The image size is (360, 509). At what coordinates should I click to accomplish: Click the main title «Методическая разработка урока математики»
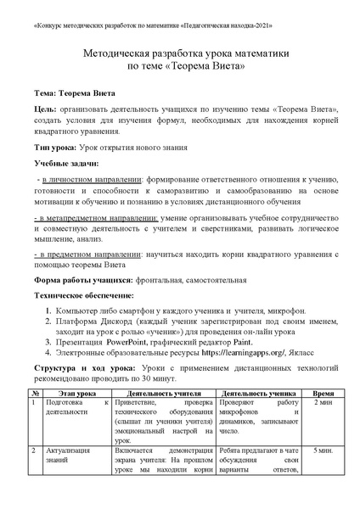[180, 53]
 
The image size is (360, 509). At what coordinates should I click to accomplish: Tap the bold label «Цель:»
[46, 109]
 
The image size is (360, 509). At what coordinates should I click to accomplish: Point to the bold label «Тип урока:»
[57, 147]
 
